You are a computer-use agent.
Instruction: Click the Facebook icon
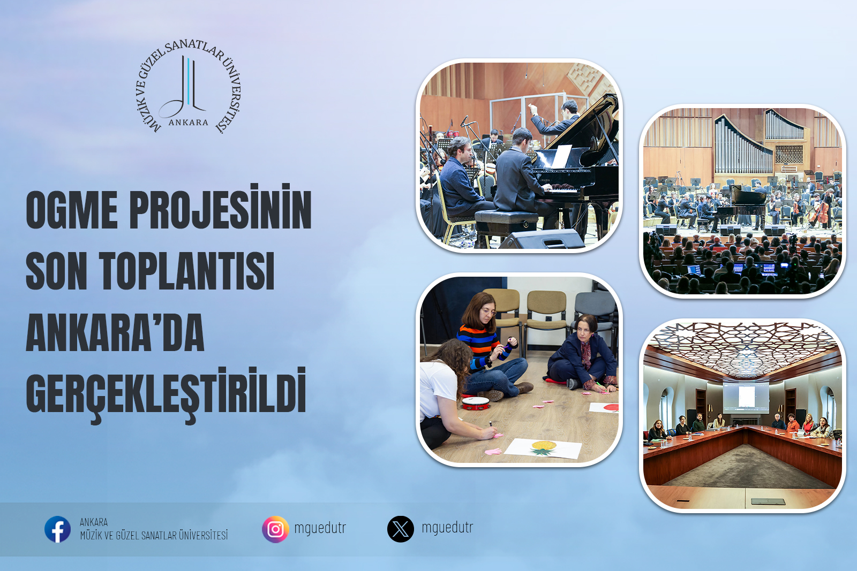click(57, 529)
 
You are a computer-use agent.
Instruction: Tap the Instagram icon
click(275, 529)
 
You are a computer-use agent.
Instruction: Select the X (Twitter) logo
click(401, 529)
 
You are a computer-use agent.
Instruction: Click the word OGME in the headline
click(72, 210)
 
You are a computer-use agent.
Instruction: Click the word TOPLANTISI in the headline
click(187, 271)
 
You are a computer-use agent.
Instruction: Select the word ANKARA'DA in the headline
click(115, 333)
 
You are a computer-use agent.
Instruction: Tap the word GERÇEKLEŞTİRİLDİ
click(166, 394)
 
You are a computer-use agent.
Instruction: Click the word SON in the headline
click(56, 271)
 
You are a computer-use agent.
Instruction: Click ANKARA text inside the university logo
click(188, 123)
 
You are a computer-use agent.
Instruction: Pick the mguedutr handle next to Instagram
click(320, 528)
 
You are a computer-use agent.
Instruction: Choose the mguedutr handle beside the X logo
click(447, 528)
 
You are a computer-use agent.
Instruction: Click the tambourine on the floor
click(476, 403)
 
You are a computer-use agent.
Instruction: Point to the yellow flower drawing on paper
click(544, 447)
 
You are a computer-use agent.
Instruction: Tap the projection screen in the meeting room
click(746, 397)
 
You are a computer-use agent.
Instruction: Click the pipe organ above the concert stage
click(743, 141)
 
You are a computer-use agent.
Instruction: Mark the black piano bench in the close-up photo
click(506, 219)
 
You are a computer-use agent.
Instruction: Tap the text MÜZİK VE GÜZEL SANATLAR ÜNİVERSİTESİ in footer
click(154, 536)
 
